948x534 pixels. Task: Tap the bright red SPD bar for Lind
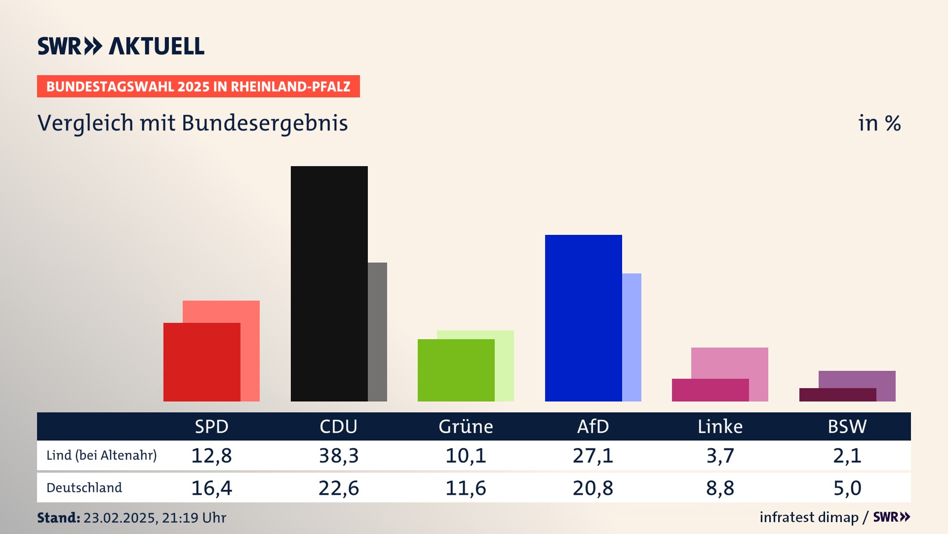pyautogui.click(x=201, y=362)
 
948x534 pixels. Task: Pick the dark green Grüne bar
pyautogui.click(x=456, y=370)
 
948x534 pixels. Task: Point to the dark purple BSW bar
pyautogui.click(x=837, y=395)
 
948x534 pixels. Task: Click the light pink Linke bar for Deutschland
pyautogui.click(x=730, y=362)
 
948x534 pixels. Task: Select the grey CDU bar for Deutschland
pyautogui.click(x=378, y=332)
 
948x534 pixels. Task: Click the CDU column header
pyautogui.click(x=338, y=427)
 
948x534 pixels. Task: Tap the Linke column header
pyautogui.click(x=720, y=427)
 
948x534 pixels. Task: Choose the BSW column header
pyautogui.click(x=847, y=427)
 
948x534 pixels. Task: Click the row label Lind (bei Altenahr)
pyautogui.click(x=101, y=455)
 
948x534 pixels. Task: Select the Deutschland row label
pyautogui.click(x=84, y=488)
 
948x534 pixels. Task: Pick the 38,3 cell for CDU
pyautogui.click(x=338, y=455)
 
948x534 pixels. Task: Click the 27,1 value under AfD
pyautogui.click(x=592, y=455)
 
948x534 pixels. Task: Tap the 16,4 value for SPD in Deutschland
pyautogui.click(x=211, y=488)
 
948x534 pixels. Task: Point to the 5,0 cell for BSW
pyautogui.click(x=847, y=488)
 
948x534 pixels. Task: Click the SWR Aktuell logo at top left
pyautogui.click(x=121, y=46)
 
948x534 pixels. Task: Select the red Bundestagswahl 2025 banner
pyautogui.click(x=198, y=87)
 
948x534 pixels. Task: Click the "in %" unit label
pyautogui.click(x=879, y=124)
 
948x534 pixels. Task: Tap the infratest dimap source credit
pyautogui.click(x=809, y=517)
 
